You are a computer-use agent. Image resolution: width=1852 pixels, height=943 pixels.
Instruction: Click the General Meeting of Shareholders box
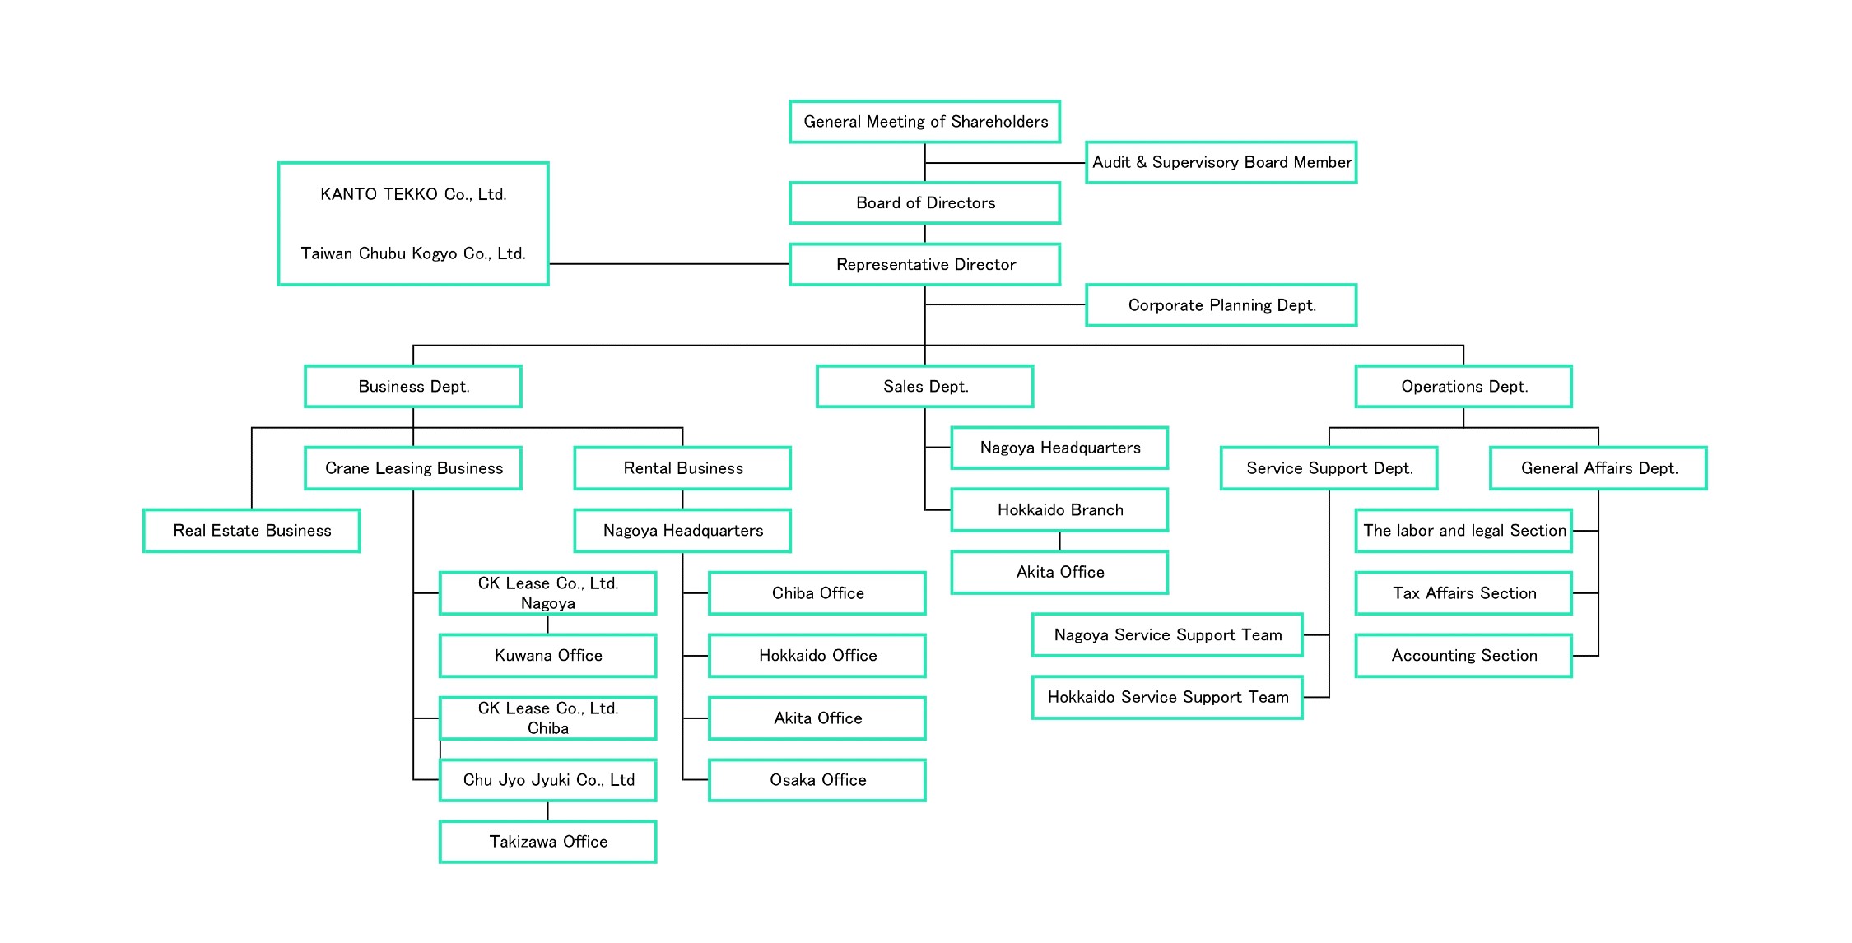tap(924, 122)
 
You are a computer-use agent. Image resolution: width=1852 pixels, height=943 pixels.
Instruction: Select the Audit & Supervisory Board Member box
tap(1221, 162)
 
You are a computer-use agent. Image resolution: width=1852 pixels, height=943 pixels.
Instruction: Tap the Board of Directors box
tap(924, 203)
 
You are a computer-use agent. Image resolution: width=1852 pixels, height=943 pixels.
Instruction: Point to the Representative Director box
tap(924, 264)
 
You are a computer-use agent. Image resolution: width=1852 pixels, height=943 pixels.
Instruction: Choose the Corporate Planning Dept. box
tap(1221, 305)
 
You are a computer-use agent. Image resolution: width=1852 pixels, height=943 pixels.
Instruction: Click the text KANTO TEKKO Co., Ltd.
tap(413, 194)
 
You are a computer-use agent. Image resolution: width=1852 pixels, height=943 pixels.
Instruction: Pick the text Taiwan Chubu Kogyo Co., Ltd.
tap(413, 253)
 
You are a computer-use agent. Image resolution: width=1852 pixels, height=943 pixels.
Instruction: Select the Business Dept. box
tap(413, 387)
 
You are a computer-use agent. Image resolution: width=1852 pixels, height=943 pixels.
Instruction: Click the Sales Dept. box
tap(924, 387)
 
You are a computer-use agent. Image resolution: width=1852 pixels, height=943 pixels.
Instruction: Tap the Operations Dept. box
tap(1463, 387)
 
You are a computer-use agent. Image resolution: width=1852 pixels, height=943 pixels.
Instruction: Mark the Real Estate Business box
tap(252, 531)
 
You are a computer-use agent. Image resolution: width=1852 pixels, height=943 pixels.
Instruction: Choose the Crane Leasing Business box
tap(413, 468)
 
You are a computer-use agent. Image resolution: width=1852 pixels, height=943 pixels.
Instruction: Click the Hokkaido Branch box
tap(1059, 510)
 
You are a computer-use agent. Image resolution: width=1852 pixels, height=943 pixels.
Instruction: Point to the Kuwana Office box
tap(547, 656)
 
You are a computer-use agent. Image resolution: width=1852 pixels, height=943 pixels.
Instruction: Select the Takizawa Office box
tap(547, 842)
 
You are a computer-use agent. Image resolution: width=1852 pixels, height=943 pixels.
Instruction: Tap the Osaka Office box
tap(817, 780)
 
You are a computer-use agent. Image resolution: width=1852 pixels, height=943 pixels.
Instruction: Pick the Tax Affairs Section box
tap(1463, 593)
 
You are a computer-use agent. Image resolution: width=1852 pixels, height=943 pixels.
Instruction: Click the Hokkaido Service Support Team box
tap(1167, 698)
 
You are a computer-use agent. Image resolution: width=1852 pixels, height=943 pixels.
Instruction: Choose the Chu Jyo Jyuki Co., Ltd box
tap(547, 780)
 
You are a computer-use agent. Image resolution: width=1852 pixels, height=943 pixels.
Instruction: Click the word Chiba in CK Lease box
tap(547, 728)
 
